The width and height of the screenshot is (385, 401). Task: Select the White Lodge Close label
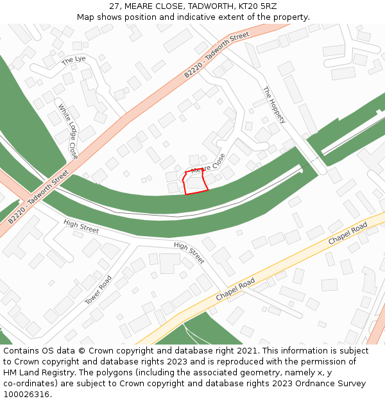click(x=68, y=132)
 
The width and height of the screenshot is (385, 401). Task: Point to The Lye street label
click(x=73, y=60)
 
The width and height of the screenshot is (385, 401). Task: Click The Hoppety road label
click(x=274, y=105)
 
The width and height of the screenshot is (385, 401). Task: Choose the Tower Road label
click(x=99, y=290)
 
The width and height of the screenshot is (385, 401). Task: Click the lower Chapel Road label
click(x=235, y=289)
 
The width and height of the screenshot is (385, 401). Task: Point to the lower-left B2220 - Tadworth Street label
click(x=38, y=197)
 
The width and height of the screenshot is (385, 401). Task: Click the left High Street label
click(x=81, y=226)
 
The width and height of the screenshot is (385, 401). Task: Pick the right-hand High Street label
click(x=189, y=253)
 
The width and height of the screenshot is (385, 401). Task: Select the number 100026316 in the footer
click(x=28, y=395)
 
